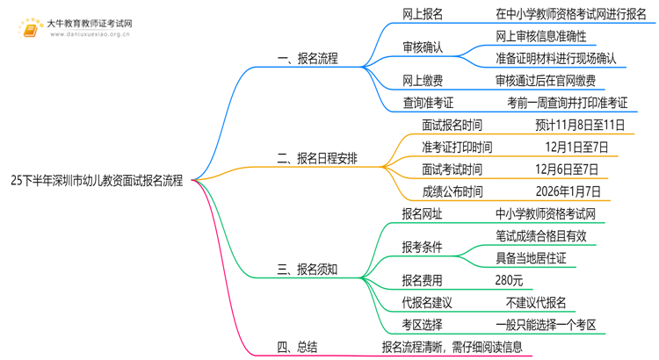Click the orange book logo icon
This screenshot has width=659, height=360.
[x=30, y=29]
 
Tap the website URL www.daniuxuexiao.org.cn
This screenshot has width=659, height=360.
[x=90, y=34]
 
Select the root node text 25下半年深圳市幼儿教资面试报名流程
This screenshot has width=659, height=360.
[x=97, y=181]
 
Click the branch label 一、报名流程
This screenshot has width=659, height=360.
[x=308, y=58]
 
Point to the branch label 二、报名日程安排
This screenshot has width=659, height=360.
[x=317, y=158]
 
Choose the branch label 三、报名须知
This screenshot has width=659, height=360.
[x=308, y=270]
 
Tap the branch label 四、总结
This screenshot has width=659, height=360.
[x=297, y=347]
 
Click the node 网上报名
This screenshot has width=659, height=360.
[x=423, y=14]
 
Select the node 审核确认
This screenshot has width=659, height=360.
[x=423, y=47]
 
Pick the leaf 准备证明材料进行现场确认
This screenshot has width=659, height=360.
[x=556, y=58]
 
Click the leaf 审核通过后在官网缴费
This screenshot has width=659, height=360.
[x=546, y=80]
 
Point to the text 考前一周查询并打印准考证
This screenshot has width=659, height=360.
[x=568, y=103]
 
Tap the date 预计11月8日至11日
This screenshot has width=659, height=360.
[x=580, y=125]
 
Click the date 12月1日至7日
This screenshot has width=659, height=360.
[x=576, y=147]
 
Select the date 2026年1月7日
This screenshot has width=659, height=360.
[x=568, y=191]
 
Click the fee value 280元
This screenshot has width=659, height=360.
[x=509, y=280]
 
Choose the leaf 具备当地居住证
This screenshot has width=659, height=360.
[x=531, y=258]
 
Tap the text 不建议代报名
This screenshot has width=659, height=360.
[x=536, y=302]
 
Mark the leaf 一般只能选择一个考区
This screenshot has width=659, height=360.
[x=546, y=325]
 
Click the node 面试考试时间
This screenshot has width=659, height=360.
[x=453, y=169]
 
